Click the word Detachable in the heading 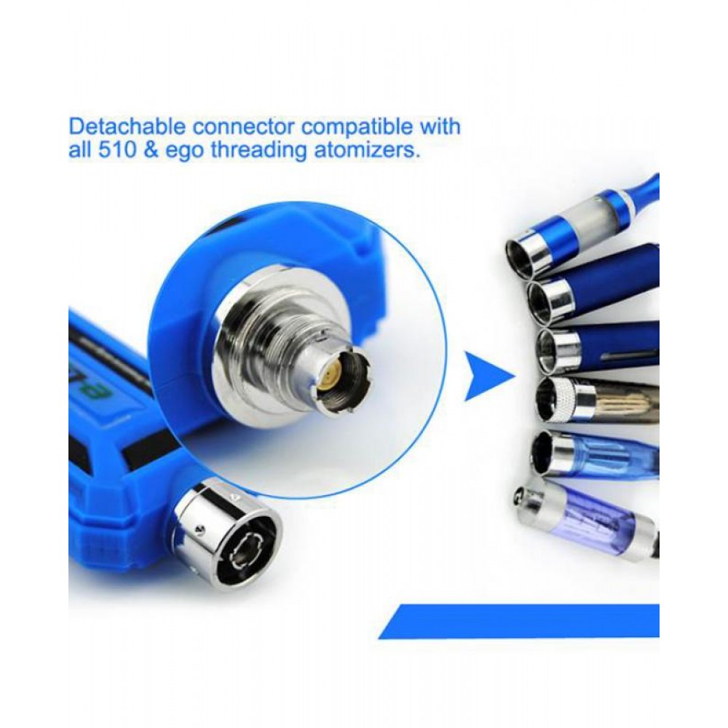pyautogui.click(x=127, y=127)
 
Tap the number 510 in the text pyautogui.click(x=117, y=151)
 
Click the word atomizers pyautogui.click(x=367, y=151)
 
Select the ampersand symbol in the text pyautogui.click(x=151, y=151)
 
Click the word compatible pyautogui.click(x=357, y=127)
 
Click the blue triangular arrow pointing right pyautogui.click(x=490, y=376)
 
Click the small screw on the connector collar pyautogui.click(x=199, y=529)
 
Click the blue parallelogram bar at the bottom pyautogui.click(x=519, y=621)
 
